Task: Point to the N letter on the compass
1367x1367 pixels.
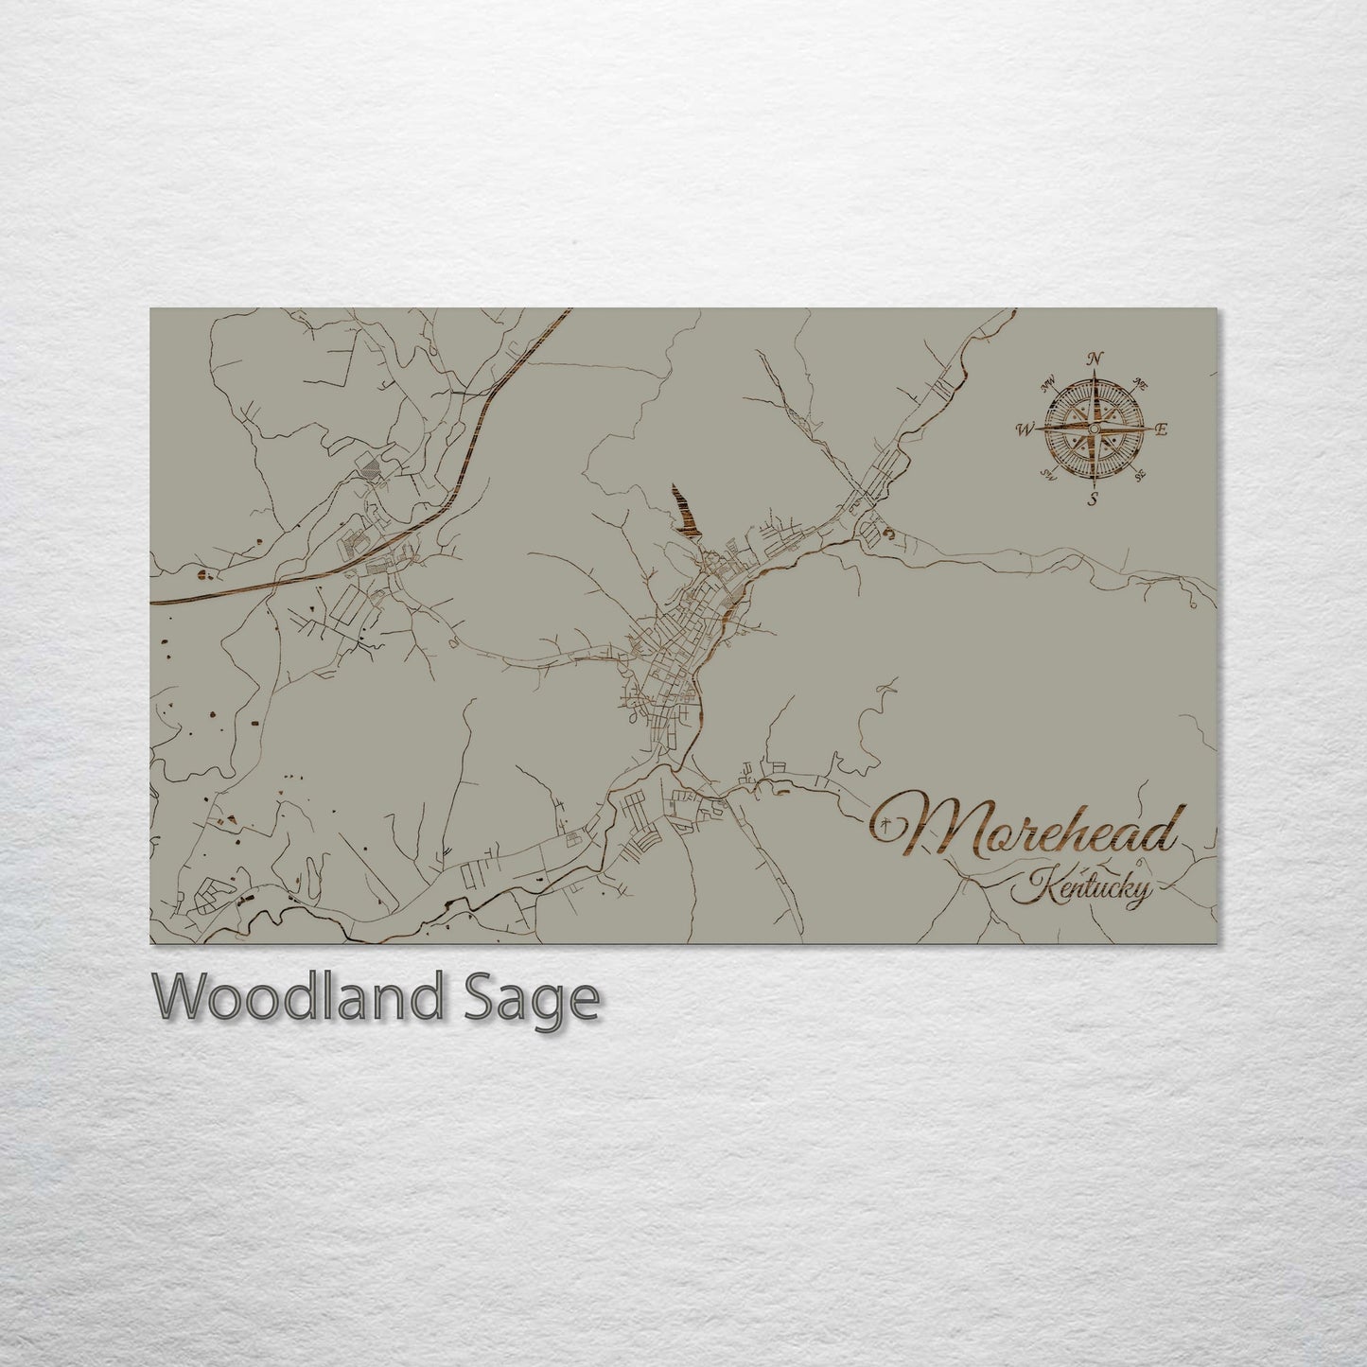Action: coord(1095,359)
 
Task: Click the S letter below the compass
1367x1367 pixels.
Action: coord(1093,500)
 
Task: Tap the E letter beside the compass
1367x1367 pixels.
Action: coord(1162,429)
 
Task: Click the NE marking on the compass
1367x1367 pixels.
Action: coord(1140,385)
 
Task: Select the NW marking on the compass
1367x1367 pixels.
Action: coord(1047,385)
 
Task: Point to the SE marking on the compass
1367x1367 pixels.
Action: coord(1139,474)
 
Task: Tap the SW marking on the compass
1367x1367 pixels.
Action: coord(1047,474)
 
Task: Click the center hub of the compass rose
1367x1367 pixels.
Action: coord(1093,429)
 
